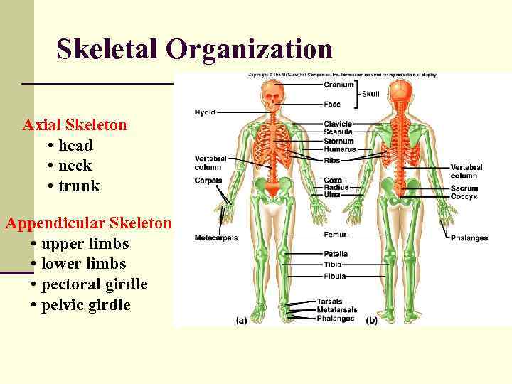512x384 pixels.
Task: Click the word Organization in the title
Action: click(249, 49)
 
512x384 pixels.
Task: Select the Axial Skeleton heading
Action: click(75, 125)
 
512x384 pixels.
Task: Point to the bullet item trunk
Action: click(79, 186)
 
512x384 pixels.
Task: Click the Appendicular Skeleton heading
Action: click(88, 223)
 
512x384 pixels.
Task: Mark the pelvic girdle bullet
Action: click(85, 305)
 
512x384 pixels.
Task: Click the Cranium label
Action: click(339, 85)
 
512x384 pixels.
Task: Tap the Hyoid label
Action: click(205, 112)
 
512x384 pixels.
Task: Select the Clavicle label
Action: click(338, 124)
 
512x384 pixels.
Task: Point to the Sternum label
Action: click(338, 141)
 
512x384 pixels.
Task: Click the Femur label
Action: click(335, 234)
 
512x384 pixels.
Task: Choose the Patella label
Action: click(336, 253)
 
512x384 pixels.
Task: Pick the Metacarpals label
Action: click(216, 238)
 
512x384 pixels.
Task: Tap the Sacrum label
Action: click(464, 188)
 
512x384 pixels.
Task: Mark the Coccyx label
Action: click(464, 196)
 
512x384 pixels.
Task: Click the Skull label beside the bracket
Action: click(370, 94)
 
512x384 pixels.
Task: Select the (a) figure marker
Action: click(242, 321)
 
